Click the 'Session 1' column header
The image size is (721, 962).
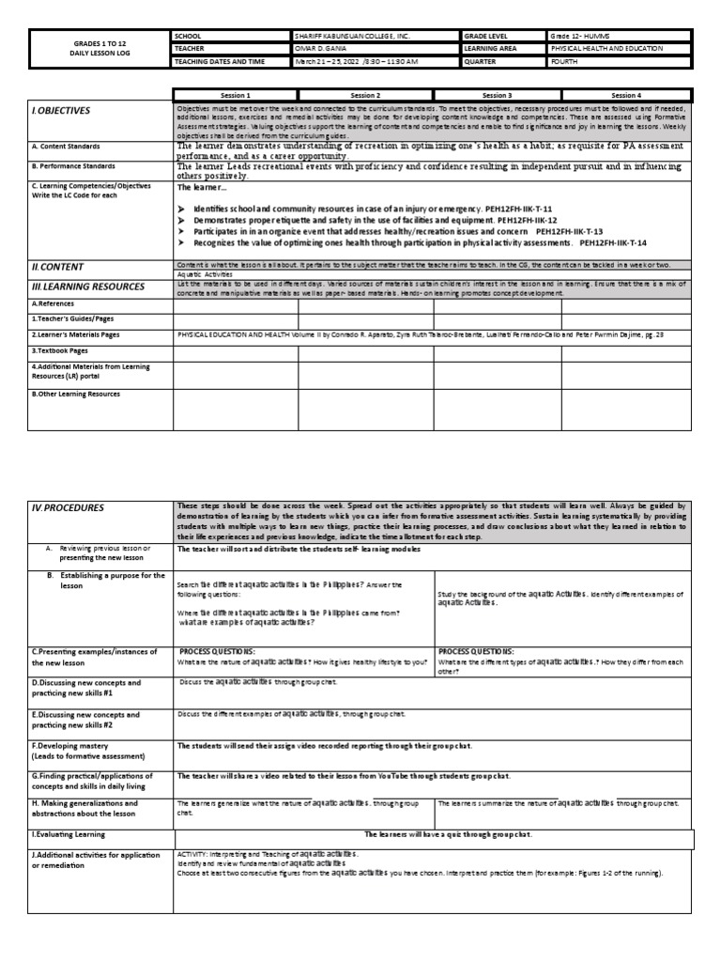coord(236,95)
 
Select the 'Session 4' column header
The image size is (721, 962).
coord(625,95)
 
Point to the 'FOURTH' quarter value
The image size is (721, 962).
coord(567,62)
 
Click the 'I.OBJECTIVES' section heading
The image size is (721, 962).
coord(61,111)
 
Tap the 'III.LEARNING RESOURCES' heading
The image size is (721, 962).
coord(87,287)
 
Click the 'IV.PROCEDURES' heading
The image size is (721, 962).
coord(67,508)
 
